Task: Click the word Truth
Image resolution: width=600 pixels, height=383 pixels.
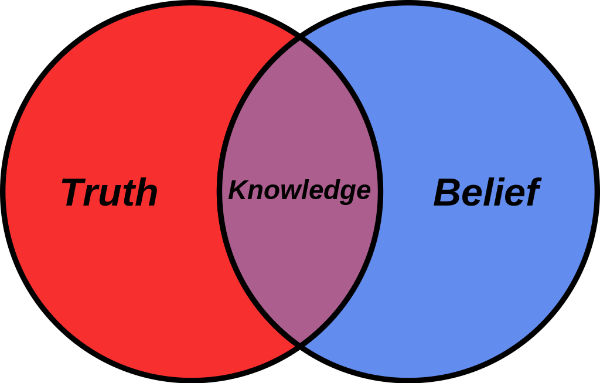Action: (x=110, y=192)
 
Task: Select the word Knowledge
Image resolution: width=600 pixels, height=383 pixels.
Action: (x=299, y=191)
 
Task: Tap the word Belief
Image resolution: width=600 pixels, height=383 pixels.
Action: (x=487, y=192)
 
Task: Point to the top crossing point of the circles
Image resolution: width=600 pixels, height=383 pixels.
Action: (x=300, y=37)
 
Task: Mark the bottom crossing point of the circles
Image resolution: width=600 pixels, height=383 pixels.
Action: (x=300, y=346)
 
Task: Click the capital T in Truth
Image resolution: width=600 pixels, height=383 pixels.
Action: (x=76, y=192)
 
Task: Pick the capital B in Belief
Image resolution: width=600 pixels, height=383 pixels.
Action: (x=447, y=193)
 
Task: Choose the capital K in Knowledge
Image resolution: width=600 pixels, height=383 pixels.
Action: (x=238, y=189)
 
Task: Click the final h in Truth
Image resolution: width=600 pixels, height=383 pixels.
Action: (x=145, y=192)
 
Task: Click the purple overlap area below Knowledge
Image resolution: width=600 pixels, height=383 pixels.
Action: (x=300, y=268)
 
